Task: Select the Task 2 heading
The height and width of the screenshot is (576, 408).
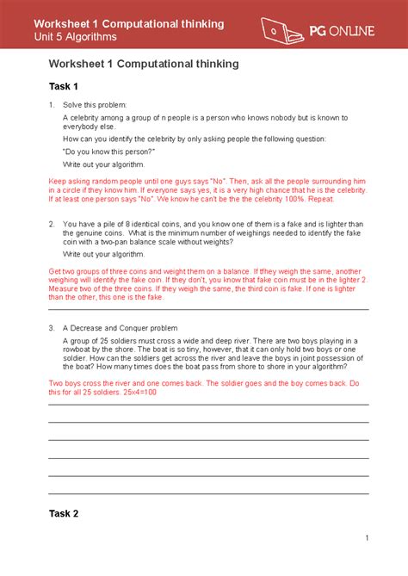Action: point(63,514)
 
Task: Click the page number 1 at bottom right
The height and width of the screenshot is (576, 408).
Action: point(366,539)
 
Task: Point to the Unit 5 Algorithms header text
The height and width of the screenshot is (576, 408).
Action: point(87,39)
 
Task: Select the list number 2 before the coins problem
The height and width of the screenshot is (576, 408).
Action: point(52,223)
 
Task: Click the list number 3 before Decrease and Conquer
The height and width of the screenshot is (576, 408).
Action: point(52,328)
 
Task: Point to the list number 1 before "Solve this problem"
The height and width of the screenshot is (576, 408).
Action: point(52,104)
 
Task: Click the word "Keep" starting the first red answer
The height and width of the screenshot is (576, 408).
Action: point(57,182)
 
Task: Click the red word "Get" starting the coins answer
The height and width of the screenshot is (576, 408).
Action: point(54,271)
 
